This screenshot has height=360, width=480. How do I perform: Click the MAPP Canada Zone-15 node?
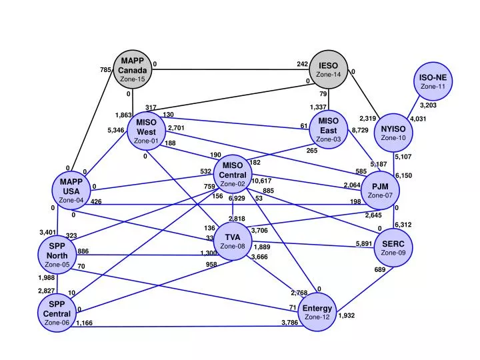[132, 69]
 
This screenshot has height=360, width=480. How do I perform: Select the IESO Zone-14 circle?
[329, 69]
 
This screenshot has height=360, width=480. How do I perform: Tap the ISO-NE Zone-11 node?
[433, 81]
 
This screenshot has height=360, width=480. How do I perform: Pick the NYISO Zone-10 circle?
[393, 133]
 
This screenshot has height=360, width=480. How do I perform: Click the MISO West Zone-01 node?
[146, 131]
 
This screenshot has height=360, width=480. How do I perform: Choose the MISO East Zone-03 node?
[328, 130]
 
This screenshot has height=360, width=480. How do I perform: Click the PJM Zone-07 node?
[380, 190]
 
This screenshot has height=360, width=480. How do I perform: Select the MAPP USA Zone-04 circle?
[71, 190]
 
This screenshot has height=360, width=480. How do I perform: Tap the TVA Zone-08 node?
[232, 241]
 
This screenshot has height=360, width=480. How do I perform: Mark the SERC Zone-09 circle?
[393, 248]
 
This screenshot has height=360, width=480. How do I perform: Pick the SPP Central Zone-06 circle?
[57, 313]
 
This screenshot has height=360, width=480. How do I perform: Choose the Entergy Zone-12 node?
[317, 312]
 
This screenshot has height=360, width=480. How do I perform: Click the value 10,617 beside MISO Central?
[261, 181]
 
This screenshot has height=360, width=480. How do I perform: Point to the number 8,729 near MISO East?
[360, 130]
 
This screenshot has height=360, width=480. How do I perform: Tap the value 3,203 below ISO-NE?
[428, 105]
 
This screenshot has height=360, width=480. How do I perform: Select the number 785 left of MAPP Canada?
[105, 70]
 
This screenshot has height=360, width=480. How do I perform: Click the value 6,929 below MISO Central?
[237, 199]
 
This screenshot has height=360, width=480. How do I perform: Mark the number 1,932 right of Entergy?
[347, 315]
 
